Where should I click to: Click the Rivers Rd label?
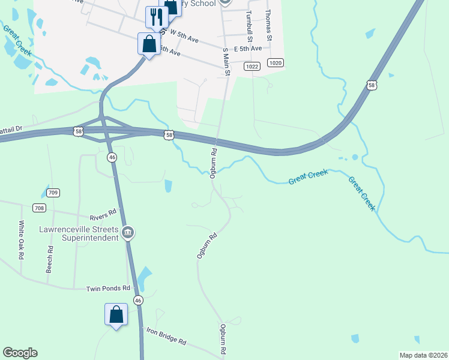(102, 215)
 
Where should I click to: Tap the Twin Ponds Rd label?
(108, 289)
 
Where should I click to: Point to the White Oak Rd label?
(21, 240)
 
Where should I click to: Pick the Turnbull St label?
(247, 23)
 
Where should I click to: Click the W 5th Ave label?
(184, 35)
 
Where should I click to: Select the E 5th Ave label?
(248, 49)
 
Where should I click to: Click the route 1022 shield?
(252, 67)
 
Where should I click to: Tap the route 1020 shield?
(276, 63)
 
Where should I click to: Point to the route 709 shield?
(52, 193)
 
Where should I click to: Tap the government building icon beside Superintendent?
(127, 232)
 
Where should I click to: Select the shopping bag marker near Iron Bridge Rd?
(116, 314)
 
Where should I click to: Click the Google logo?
(20, 353)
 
